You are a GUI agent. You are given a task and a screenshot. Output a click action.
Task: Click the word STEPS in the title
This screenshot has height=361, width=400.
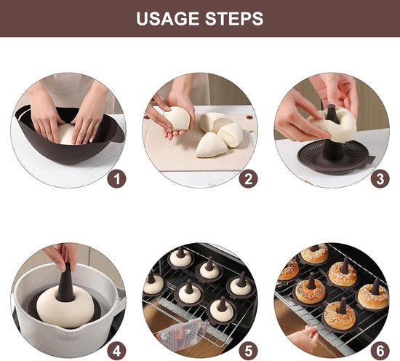(x=234, y=18)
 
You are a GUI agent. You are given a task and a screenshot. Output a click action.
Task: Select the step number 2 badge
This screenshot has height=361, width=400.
(x=248, y=178)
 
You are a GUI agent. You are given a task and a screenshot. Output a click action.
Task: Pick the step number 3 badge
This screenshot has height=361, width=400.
(x=379, y=178)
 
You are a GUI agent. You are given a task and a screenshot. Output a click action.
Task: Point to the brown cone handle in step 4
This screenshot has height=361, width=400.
(x=66, y=277)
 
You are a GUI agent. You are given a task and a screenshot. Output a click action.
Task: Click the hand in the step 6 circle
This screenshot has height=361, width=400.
(x=302, y=338)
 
